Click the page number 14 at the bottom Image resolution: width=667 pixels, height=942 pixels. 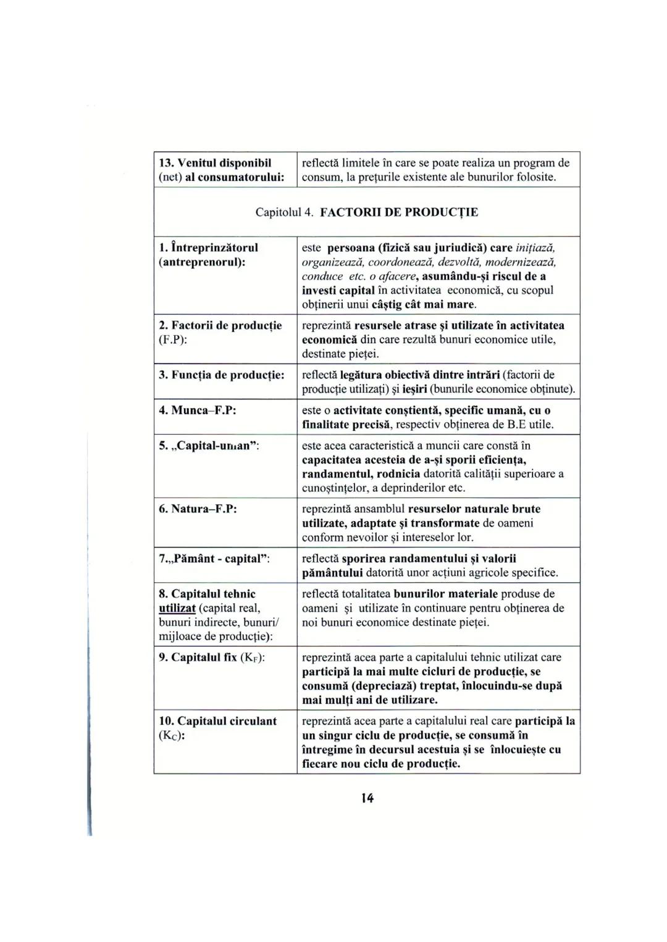point(367,798)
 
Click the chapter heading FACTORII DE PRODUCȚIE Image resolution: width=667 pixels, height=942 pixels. point(399,212)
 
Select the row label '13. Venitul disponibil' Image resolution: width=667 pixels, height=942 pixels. point(216,163)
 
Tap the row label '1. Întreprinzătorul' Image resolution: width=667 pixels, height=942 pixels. point(209,248)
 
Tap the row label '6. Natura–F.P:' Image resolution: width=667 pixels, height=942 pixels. point(198,509)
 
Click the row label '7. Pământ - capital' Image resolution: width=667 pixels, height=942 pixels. point(215,559)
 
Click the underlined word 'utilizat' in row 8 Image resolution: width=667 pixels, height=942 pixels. point(177,608)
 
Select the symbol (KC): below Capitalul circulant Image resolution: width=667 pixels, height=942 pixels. point(173,735)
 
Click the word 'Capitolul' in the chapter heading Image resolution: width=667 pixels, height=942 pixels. point(278,212)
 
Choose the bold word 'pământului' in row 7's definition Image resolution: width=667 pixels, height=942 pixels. point(332,573)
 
